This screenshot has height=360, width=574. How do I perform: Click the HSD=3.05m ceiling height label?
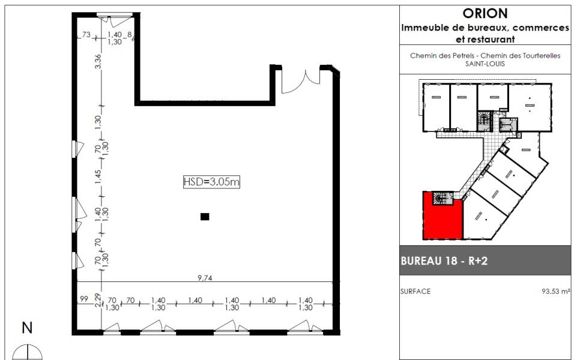pos(211,182)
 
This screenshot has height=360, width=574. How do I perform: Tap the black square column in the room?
pos(205,217)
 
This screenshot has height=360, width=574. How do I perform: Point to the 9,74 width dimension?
pos(205,278)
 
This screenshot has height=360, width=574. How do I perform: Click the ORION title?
pos(485,14)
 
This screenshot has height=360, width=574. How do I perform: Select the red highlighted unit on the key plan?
pos(443,219)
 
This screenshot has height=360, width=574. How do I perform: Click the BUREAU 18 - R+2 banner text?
pos(444,261)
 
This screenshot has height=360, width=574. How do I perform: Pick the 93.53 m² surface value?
pos(556,292)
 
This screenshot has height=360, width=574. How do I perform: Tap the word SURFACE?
pos(415,292)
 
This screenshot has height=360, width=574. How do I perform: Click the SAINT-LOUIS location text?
pos(485,64)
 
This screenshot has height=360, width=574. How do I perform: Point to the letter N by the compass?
pos(27,328)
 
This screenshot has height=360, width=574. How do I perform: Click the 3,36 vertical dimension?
pos(98,61)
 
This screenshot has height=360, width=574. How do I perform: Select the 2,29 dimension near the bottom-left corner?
pos(98,300)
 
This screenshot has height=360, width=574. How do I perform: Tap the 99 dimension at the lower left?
pos(84,299)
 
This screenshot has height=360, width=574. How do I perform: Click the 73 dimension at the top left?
pos(86,34)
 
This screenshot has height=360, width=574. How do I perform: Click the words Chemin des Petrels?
pos(443,56)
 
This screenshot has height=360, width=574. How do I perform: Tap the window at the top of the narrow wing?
pos(115,15)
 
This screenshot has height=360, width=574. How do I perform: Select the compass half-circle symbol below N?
pos(28,352)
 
